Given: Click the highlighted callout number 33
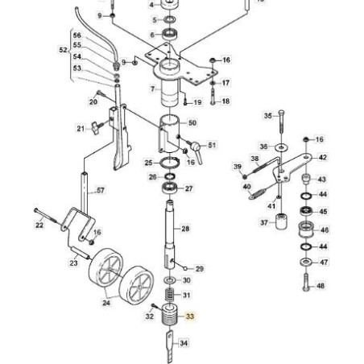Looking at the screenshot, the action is coord(190,316).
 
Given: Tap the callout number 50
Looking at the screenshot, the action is coord(192,123).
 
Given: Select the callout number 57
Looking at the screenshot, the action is coord(101,190).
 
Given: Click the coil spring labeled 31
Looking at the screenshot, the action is coord(169,295).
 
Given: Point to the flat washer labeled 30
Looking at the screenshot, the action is coord(170,280).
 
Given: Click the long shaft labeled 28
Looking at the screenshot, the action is coord(169,234).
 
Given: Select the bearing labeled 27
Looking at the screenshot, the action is coord(170,188).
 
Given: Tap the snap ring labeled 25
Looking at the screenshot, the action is coord(169,163).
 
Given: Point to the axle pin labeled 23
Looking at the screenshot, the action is coord(80,254).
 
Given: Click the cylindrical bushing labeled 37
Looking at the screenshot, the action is coord(281,221).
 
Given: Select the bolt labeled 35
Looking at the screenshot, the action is coord(281,122).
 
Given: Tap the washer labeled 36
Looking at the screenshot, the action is coord(281,147).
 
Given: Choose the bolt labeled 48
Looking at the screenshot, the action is coord(306,282).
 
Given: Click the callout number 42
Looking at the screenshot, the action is coord(323,157).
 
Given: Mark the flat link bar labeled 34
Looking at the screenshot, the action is coord(170,347).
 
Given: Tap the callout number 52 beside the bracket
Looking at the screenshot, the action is coord(64,50).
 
